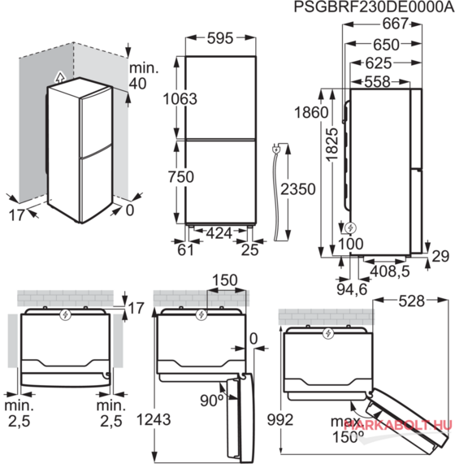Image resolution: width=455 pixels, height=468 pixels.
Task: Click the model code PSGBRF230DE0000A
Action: (x=374, y=6)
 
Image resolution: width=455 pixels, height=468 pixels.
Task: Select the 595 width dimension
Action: (x=220, y=38)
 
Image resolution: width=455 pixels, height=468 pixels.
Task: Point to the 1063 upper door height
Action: (x=180, y=99)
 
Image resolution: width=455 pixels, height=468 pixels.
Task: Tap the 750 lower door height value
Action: (x=181, y=176)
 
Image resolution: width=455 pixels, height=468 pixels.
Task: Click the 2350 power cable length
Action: (x=298, y=189)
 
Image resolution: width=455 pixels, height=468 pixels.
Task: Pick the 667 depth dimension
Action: (x=396, y=24)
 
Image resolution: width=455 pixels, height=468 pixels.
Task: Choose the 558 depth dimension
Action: (x=377, y=81)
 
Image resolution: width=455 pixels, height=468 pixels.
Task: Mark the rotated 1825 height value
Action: (x=332, y=145)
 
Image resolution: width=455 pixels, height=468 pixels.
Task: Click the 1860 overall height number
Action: (x=311, y=112)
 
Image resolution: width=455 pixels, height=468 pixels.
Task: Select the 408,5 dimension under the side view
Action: (x=390, y=271)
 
